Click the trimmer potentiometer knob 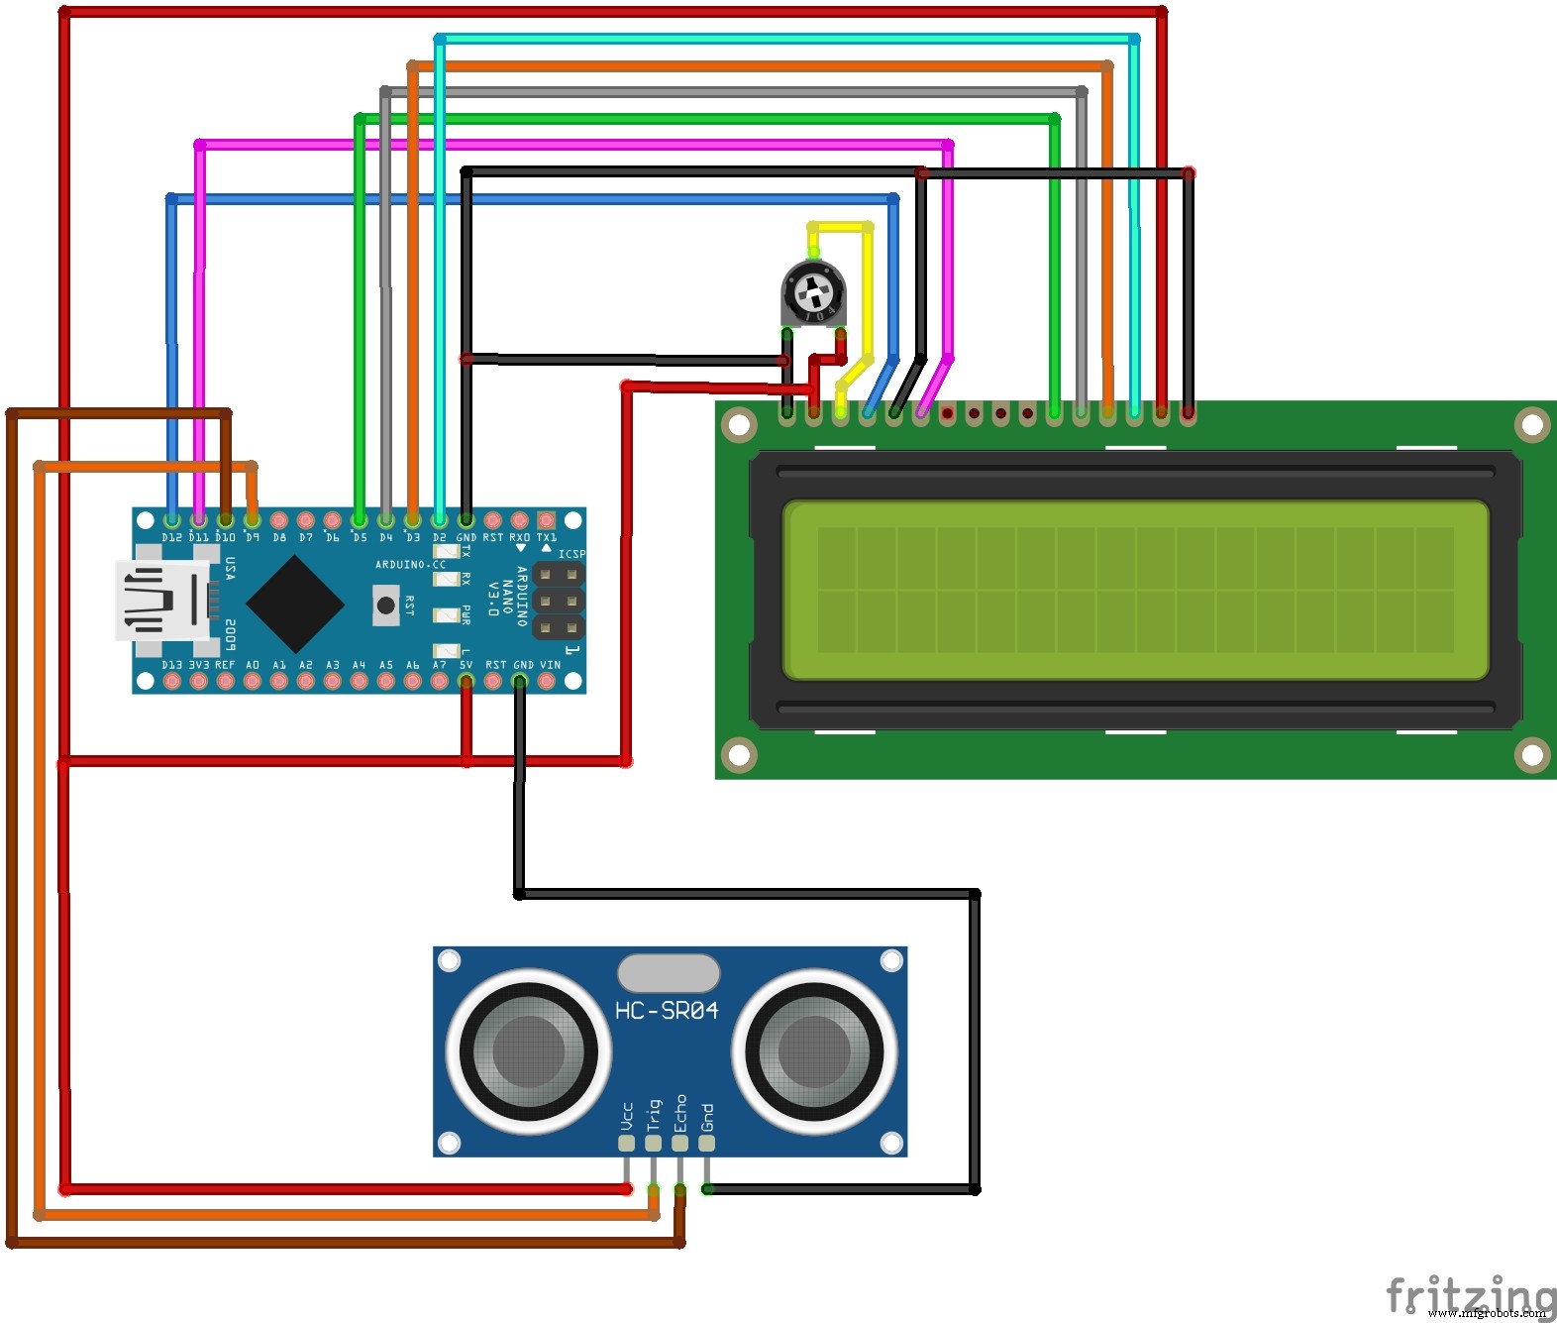coord(813,292)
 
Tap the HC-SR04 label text coord(667,1011)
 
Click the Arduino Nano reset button coord(385,604)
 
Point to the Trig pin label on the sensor coord(653,1115)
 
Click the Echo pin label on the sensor coord(679,1113)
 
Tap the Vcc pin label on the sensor coord(626,1117)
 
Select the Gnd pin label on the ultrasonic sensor coord(706,1118)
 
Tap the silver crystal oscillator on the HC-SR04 coord(669,973)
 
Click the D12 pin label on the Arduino coord(172,537)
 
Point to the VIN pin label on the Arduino coord(550,665)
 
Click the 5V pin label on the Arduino coord(466,665)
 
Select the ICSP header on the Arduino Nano coord(559,601)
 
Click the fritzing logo coord(1470,1294)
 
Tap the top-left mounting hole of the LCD coord(739,425)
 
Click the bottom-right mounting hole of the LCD coord(1531,755)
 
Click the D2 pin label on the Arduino coord(439,537)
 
